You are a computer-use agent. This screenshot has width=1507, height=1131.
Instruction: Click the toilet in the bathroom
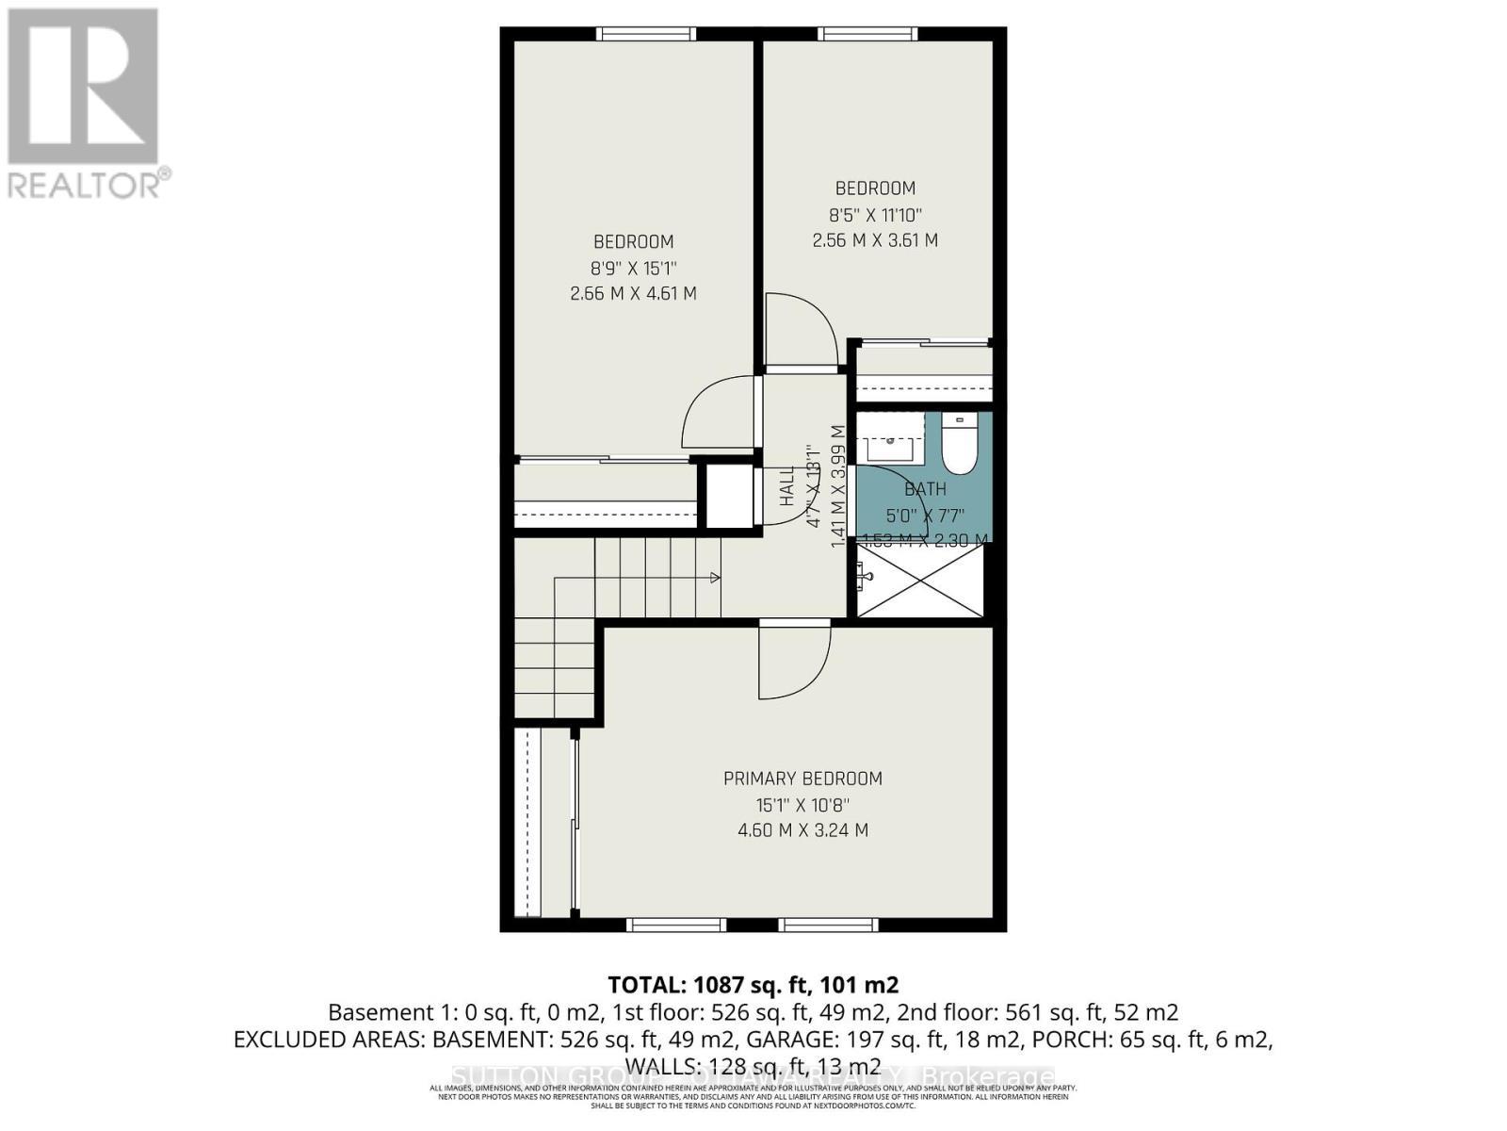960,449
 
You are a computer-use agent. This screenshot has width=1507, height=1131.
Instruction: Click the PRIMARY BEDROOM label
802,779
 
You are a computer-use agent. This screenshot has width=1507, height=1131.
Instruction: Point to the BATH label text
925,489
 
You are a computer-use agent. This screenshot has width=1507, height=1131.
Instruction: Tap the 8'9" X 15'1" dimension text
633,268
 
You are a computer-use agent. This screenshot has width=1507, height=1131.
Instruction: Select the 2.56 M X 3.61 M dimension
875,240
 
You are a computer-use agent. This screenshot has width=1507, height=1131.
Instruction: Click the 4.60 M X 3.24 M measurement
802,830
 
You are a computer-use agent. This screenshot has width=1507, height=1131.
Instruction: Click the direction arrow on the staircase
715,577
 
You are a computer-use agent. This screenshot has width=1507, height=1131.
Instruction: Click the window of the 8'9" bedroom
646,34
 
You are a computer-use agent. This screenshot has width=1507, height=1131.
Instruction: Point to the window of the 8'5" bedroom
867,34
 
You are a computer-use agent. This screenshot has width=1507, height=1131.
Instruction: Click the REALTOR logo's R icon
83,87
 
